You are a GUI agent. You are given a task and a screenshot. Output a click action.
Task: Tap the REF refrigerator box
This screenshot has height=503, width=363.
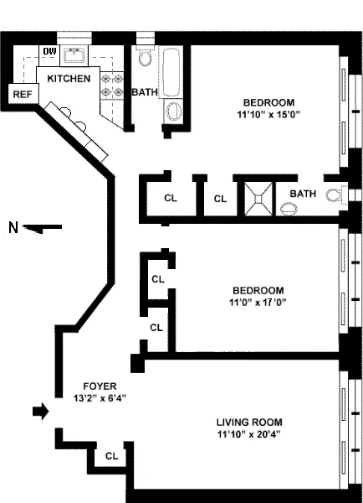click(21, 95)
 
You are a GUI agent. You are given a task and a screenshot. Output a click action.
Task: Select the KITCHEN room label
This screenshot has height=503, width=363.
click(69, 78)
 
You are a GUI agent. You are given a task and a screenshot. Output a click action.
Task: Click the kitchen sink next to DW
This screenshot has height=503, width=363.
click(75, 55)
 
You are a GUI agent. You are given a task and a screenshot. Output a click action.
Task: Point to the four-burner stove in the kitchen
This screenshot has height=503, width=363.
click(110, 83)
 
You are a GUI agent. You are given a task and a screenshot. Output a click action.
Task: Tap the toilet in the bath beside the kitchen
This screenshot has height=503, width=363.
click(145, 57)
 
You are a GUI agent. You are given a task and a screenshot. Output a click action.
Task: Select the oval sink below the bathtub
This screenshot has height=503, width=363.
click(176, 111)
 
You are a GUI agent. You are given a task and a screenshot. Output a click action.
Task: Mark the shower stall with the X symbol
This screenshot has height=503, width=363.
click(258, 198)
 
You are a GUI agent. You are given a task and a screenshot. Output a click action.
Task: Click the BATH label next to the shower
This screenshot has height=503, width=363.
click(303, 194)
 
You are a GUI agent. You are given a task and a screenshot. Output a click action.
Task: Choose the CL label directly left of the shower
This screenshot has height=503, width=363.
click(220, 199)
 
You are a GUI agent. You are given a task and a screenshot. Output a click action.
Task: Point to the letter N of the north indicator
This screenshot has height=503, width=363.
click(12, 226)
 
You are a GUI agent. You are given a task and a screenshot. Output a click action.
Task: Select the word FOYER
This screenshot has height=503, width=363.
click(93, 386)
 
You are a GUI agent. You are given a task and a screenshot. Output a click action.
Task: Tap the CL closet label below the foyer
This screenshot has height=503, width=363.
click(111, 456)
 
